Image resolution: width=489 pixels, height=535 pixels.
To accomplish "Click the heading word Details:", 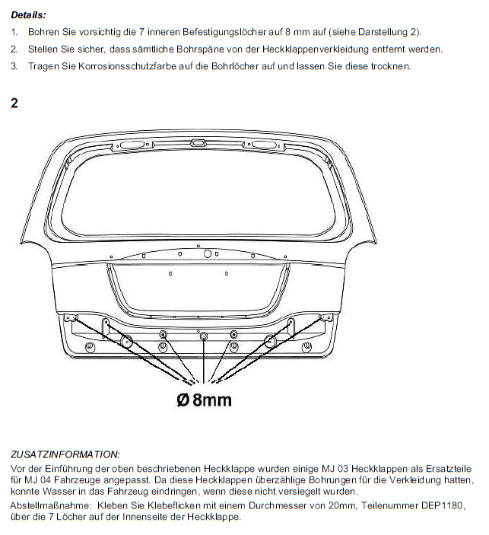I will point(28,14).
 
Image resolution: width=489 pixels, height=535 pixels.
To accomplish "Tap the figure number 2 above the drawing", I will point(14,102).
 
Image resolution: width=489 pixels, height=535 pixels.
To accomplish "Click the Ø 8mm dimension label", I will point(204,400).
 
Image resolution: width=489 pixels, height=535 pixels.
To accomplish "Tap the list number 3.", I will point(14,66).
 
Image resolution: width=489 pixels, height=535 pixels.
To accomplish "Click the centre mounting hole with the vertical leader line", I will point(203,336).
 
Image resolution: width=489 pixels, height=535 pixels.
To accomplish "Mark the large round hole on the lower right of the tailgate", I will point(270,341).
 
